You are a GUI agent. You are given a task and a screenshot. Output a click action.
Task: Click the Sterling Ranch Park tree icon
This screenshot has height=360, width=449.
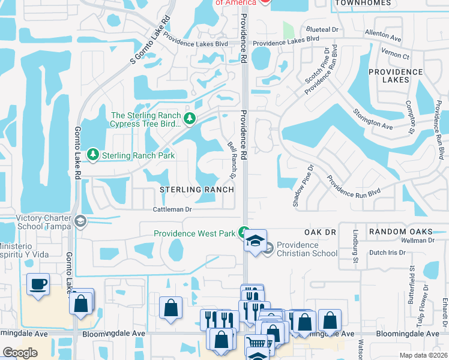click(x=93, y=155)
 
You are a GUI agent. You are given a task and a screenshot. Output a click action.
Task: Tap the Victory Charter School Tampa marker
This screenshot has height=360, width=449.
click(x=79, y=221)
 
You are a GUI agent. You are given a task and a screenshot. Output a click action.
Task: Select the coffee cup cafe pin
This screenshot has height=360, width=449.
click(x=38, y=283)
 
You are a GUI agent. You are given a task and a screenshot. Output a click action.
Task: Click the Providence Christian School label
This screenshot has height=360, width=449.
click(x=307, y=249)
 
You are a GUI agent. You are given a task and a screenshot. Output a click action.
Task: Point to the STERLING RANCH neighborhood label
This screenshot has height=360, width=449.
click(x=196, y=190)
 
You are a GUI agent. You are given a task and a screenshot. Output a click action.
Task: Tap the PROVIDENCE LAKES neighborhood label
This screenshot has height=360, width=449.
click(x=396, y=76)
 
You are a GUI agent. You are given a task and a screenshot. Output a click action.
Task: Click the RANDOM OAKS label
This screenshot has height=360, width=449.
click(x=400, y=232)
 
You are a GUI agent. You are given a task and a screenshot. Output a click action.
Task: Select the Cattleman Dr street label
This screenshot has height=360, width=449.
click(x=172, y=209)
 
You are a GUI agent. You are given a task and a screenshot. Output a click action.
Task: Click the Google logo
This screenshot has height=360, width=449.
click(x=20, y=353)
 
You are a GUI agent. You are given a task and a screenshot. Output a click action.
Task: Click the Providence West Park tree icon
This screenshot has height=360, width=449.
click(x=244, y=232)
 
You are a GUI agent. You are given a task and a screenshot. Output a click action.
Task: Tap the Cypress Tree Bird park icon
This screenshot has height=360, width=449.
click(x=190, y=118)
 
